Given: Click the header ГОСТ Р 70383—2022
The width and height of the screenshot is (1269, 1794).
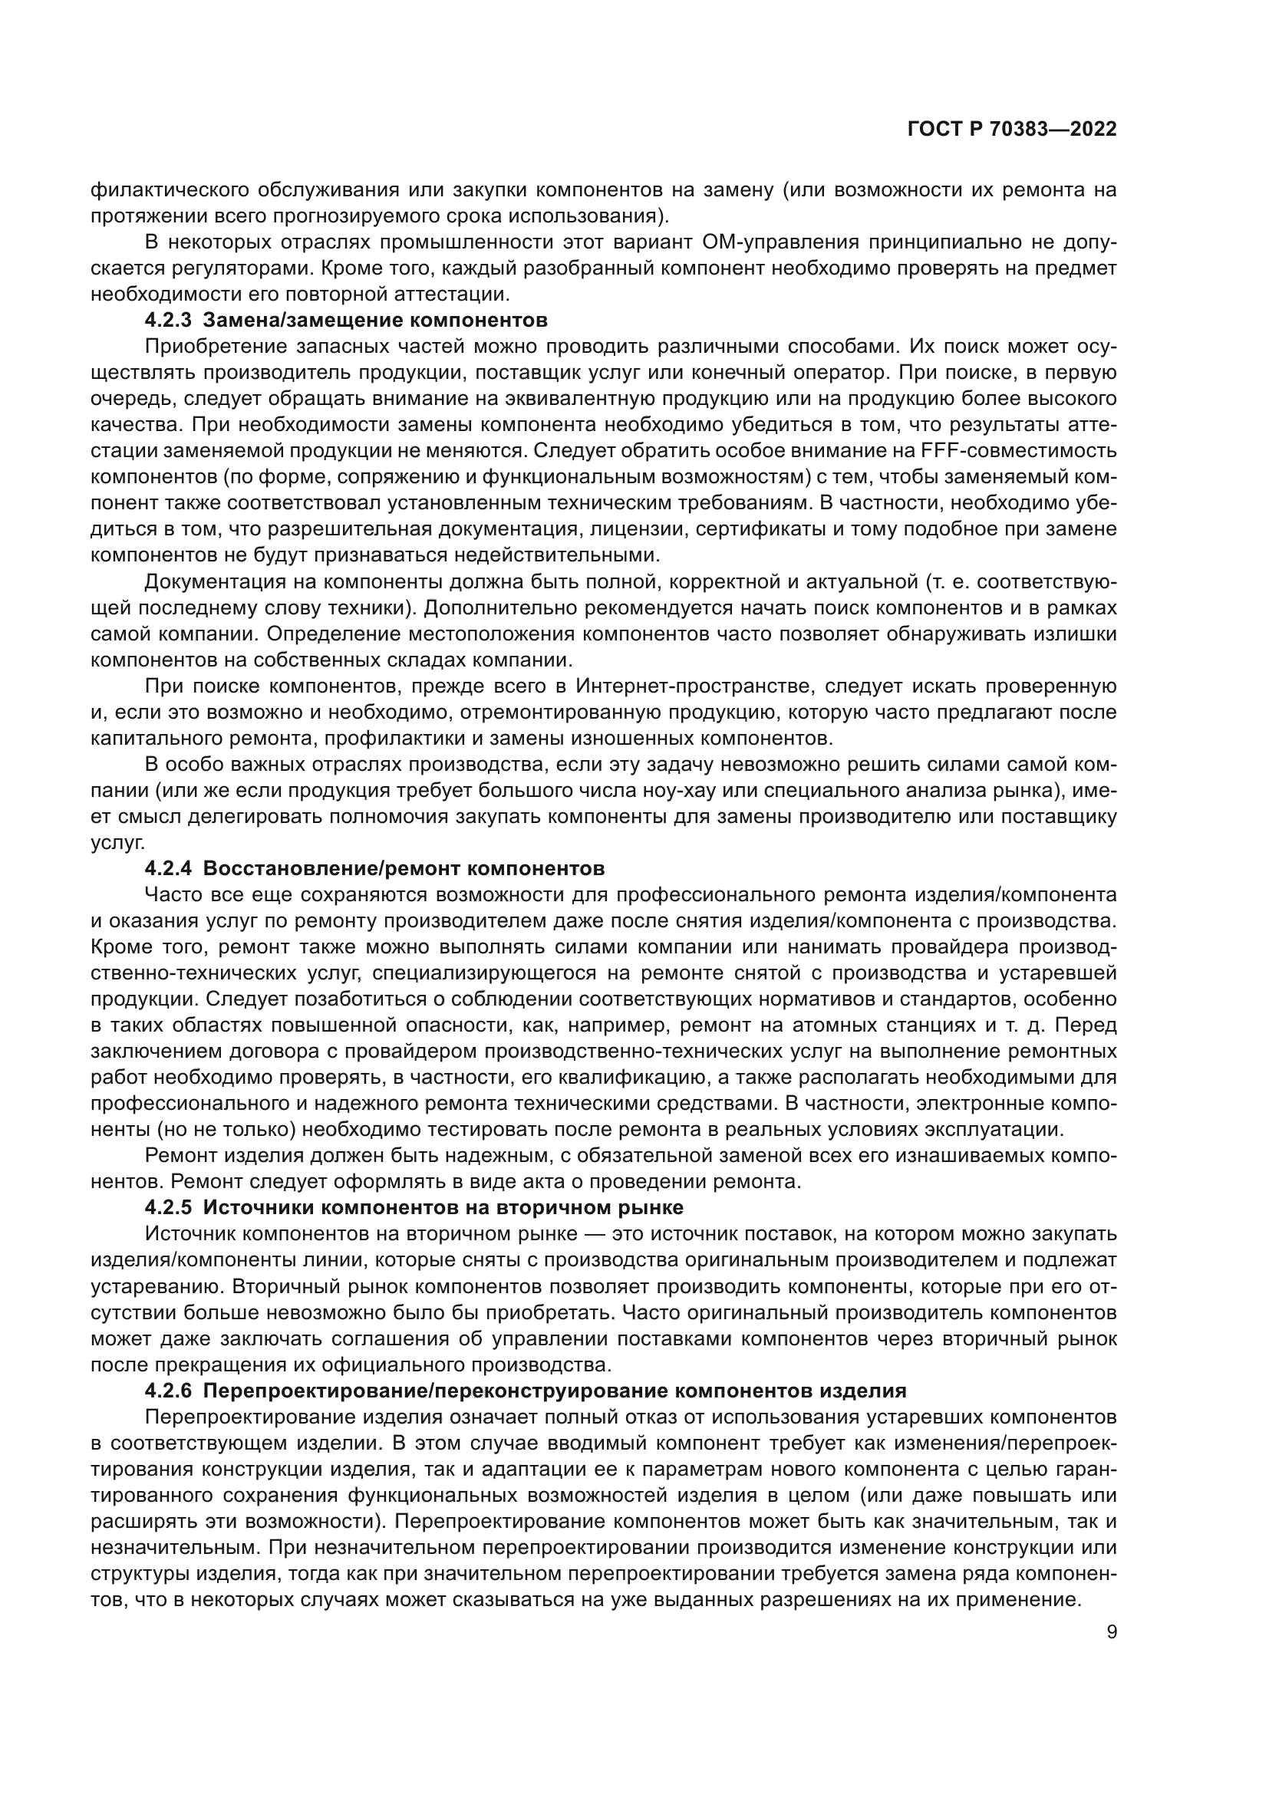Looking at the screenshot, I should [1012, 130].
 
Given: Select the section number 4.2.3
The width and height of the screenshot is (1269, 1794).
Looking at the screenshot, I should [168, 321].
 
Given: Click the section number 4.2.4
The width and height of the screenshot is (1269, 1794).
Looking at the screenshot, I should [168, 869].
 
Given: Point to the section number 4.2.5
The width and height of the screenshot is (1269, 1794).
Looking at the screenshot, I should [168, 1208].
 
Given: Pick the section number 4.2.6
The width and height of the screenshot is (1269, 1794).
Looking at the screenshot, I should [168, 1391].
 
